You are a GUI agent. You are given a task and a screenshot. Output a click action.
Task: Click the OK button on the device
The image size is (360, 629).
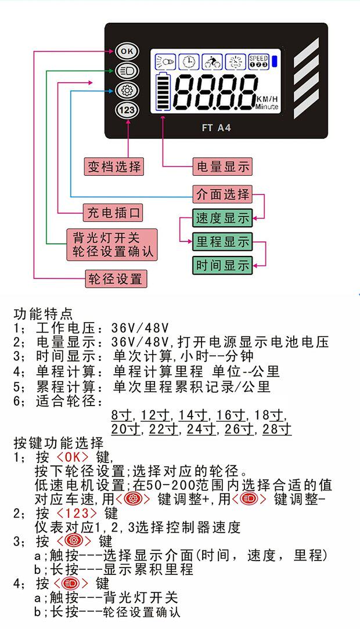click(x=127, y=51)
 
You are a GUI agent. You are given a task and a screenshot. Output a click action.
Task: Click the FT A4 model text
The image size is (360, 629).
click(x=216, y=128)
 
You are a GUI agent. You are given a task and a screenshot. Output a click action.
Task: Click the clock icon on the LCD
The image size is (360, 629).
click(x=188, y=61)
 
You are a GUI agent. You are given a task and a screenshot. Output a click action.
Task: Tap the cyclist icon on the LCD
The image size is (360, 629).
click(x=213, y=61)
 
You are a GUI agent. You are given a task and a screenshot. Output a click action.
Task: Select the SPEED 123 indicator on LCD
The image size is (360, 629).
click(x=258, y=61)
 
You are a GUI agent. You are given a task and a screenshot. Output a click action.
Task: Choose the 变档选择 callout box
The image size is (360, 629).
click(x=114, y=167)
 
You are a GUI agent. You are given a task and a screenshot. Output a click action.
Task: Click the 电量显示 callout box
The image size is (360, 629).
click(x=222, y=167)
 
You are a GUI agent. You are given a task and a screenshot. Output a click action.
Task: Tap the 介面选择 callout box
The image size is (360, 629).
click(x=223, y=193)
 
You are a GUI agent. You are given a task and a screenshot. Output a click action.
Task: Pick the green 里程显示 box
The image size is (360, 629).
click(x=223, y=241)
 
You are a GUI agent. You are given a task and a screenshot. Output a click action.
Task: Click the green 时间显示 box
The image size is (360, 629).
click(x=223, y=265)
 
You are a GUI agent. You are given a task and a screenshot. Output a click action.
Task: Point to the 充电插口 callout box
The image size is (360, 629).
click(x=114, y=212)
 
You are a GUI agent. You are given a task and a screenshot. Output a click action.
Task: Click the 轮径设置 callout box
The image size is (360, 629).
click(x=116, y=279)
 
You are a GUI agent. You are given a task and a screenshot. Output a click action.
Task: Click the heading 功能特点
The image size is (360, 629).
click(x=44, y=314)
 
